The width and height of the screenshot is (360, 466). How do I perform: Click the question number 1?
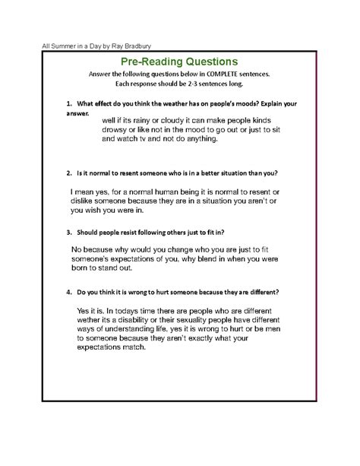[x=68, y=102]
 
